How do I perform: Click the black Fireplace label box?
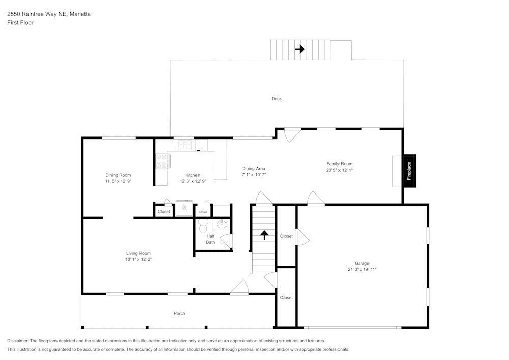pyautogui.click(x=409, y=171)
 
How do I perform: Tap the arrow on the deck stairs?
pyautogui.click(x=300, y=49)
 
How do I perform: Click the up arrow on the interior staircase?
pyautogui.click(x=264, y=235)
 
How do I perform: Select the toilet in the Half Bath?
pyautogui.click(x=203, y=226)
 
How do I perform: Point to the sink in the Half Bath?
pyautogui.click(x=222, y=224)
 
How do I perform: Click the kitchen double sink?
pyautogui.click(x=185, y=144)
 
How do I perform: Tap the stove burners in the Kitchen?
pyautogui.click(x=162, y=161)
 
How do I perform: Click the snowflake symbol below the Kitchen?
pyautogui.click(x=184, y=208)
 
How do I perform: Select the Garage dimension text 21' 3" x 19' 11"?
pyautogui.click(x=362, y=269)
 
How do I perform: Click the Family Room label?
pyautogui.click(x=339, y=164)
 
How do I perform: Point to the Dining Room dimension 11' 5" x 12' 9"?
pyautogui.click(x=118, y=181)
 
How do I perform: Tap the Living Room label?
pyautogui.click(x=138, y=253)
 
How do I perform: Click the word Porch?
pyautogui.click(x=179, y=313)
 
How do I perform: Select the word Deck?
pyautogui.click(x=276, y=99)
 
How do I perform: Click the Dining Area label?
pyautogui.click(x=253, y=169)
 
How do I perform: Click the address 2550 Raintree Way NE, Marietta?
pyautogui.click(x=49, y=14)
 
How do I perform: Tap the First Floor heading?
pyautogui.click(x=20, y=23)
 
